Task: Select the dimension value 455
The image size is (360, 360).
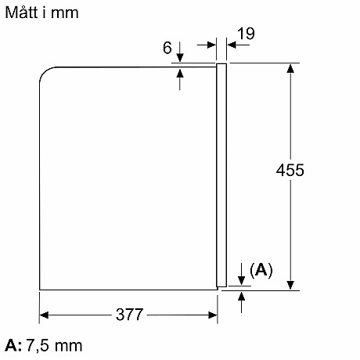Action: [x=290, y=170]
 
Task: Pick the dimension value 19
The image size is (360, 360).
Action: [x=245, y=34]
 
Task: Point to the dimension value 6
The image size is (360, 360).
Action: [x=167, y=48]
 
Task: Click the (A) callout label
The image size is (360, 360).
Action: [x=261, y=270]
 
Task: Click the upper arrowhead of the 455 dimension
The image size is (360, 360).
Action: [x=290, y=68]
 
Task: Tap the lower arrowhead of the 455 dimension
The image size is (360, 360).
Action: [x=290, y=283]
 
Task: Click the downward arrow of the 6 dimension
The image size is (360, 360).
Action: [x=181, y=56]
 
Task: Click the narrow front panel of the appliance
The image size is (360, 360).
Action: [x=221, y=176]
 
